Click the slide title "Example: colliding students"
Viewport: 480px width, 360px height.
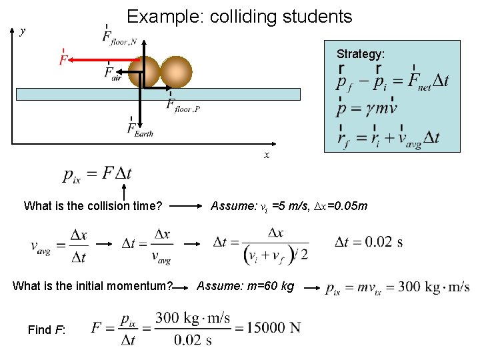pos(239,16)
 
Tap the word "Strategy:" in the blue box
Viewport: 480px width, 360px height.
pos(360,54)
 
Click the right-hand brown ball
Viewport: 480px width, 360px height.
pos(176,72)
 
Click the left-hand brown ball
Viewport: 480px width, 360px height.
pos(145,72)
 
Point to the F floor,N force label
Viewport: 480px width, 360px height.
pos(119,37)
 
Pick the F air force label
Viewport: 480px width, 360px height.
pos(113,73)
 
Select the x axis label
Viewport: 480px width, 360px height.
pos(267,155)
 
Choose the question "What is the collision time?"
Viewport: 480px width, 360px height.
pos(93,206)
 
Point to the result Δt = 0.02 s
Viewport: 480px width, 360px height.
pos(369,241)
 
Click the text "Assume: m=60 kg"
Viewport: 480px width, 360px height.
pos(245,286)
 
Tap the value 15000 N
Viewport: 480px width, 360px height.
pos(273,327)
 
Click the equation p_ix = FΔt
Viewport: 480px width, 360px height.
pos(97,174)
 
